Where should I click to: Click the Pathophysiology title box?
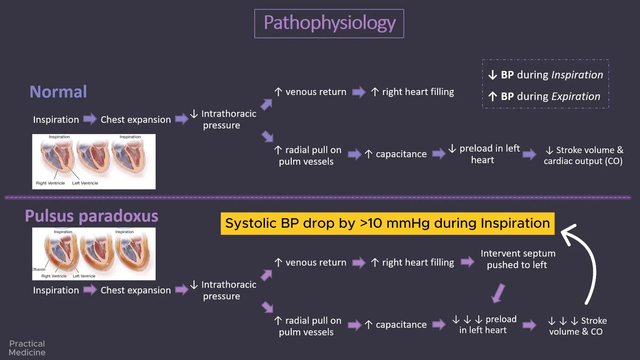coord(329,24)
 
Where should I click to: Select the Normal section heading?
coord(58,92)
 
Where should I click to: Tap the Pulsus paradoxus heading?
coord(92,216)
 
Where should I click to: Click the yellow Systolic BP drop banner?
coord(388,224)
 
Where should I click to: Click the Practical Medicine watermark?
coord(27,348)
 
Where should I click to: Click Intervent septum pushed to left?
coord(518,259)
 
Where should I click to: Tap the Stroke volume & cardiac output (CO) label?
coord(583,156)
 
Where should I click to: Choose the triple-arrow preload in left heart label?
coord(484,324)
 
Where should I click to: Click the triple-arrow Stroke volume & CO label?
coord(577,326)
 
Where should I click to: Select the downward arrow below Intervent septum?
coord(498,293)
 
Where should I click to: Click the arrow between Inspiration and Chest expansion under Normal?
coord(90,119)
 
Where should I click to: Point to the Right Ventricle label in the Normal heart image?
coord(50,183)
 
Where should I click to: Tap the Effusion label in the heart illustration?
coord(39,269)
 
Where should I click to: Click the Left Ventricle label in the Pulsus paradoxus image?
coord(84,276)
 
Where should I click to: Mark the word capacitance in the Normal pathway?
coord(401,154)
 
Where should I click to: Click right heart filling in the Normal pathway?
coord(418,92)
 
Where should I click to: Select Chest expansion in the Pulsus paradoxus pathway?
coord(136,290)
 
